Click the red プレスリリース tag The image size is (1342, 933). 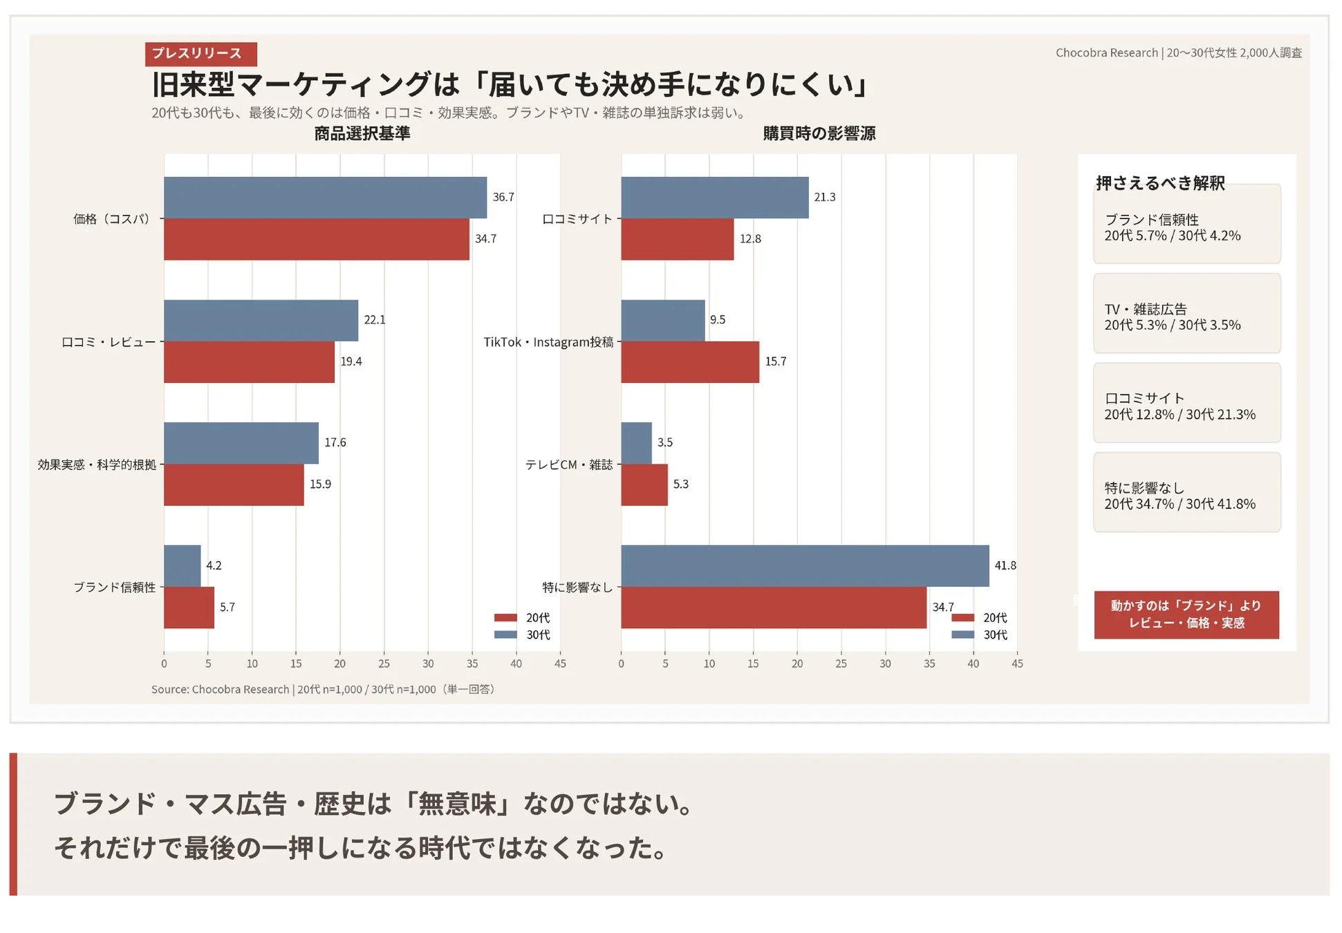201,54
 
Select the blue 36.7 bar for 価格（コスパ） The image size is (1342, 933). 325,198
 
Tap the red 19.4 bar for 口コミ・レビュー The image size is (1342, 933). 249,362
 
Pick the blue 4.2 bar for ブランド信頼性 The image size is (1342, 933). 182,566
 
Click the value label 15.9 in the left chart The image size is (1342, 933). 320,484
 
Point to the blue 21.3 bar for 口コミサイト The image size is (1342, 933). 714,198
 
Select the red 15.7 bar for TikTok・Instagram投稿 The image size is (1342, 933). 689,362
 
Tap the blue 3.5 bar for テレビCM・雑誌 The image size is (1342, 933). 636,443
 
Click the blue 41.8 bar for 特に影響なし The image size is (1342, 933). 804,566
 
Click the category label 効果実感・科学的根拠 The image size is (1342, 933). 97,465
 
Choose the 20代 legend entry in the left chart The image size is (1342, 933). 523,618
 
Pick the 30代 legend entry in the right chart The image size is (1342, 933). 980,635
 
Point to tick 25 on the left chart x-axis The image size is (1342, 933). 384,663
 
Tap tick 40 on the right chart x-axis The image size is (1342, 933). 973,663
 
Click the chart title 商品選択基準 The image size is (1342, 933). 362,133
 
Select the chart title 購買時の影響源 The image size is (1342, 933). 819,133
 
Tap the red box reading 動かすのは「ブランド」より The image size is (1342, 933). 1186,614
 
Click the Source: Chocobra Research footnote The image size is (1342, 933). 322,690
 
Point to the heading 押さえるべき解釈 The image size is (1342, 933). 1159,183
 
